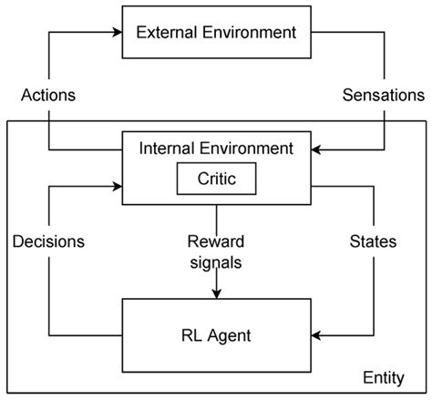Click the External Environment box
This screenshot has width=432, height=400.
pyautogui.click(x=216, y=34)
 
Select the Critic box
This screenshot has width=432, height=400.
pyautogui.click(x=216, y=179)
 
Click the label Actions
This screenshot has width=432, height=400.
pyautogui.click(x=47, y=95)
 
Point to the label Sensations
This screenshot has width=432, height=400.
pyautogui.click(x=383, y=95)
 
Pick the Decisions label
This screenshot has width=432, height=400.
pyautogui.click(x=48, y=241)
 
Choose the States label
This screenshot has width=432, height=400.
pyautogui.click(x=372, y=241)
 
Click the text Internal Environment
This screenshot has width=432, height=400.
pyautogui.click(x=216, y=147)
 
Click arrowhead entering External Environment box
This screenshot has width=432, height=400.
pyautogui.click(x=118, y=34)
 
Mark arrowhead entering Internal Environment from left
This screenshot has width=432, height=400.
pyautogui.click(x=118, y=188)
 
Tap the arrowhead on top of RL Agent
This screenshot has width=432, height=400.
pyautogui.click(x=216, y=293)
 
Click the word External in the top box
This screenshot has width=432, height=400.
pyautogui.click(x=165, y=34)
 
